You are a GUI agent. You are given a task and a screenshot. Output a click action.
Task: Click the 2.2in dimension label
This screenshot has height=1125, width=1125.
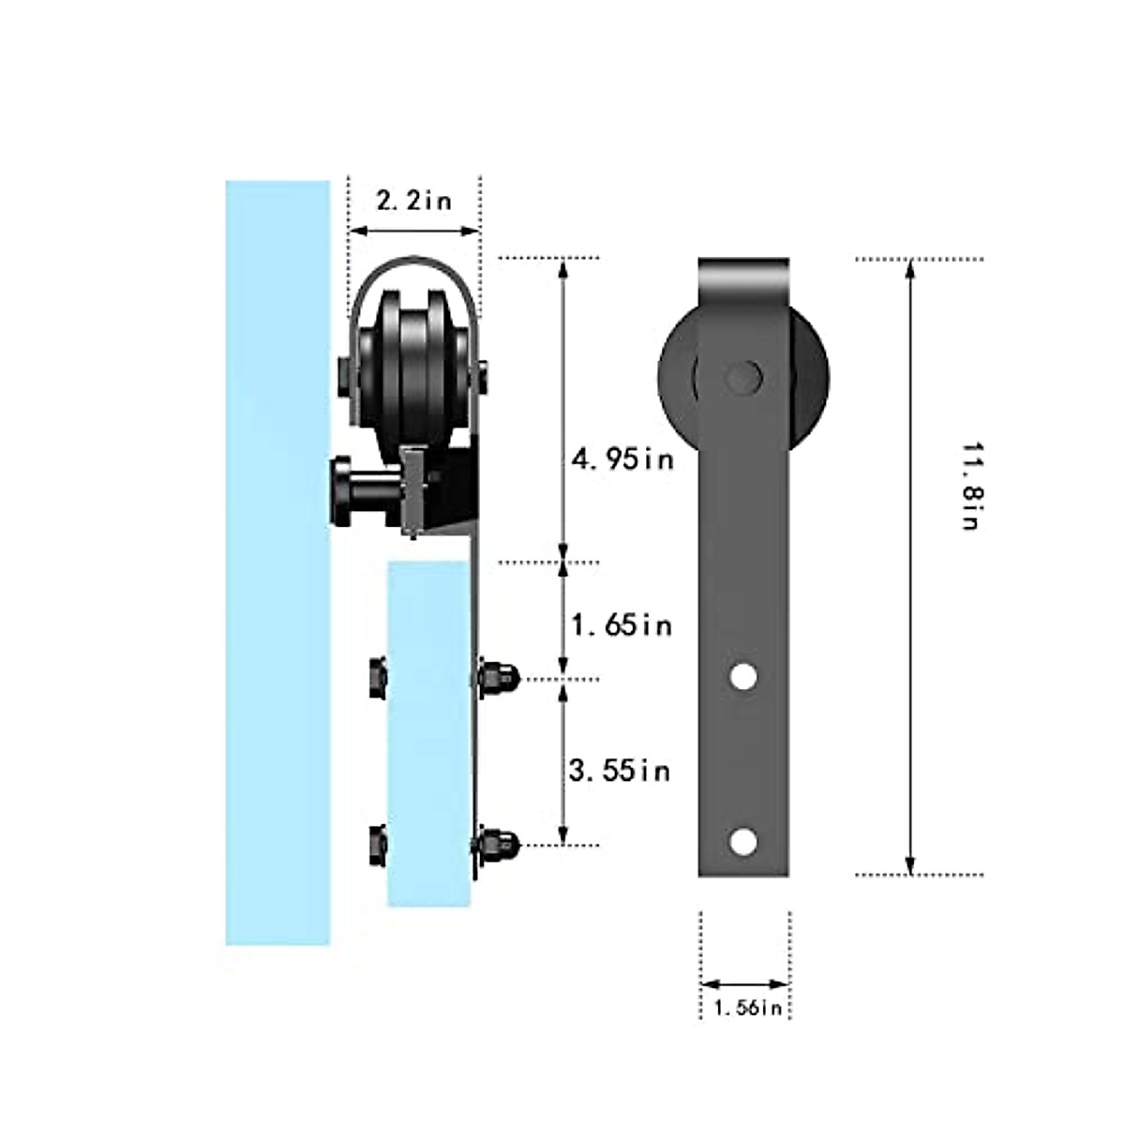[414, 202]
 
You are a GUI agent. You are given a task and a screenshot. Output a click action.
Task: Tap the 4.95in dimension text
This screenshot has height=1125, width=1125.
[622, 458]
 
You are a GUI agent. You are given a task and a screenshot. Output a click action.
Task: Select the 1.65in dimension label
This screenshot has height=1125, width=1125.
[622, 625]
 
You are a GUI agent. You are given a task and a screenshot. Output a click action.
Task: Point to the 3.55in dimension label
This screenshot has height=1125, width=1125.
[620, 771]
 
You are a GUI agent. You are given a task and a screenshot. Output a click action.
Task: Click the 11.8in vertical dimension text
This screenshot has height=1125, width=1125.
[970, 487]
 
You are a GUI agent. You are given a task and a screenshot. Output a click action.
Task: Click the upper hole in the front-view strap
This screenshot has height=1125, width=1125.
[743, 677]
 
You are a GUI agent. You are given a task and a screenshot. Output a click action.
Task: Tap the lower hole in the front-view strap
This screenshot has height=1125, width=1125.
[742, 841]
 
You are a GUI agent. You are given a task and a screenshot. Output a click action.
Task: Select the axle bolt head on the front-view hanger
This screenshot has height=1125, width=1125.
[743, 377]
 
